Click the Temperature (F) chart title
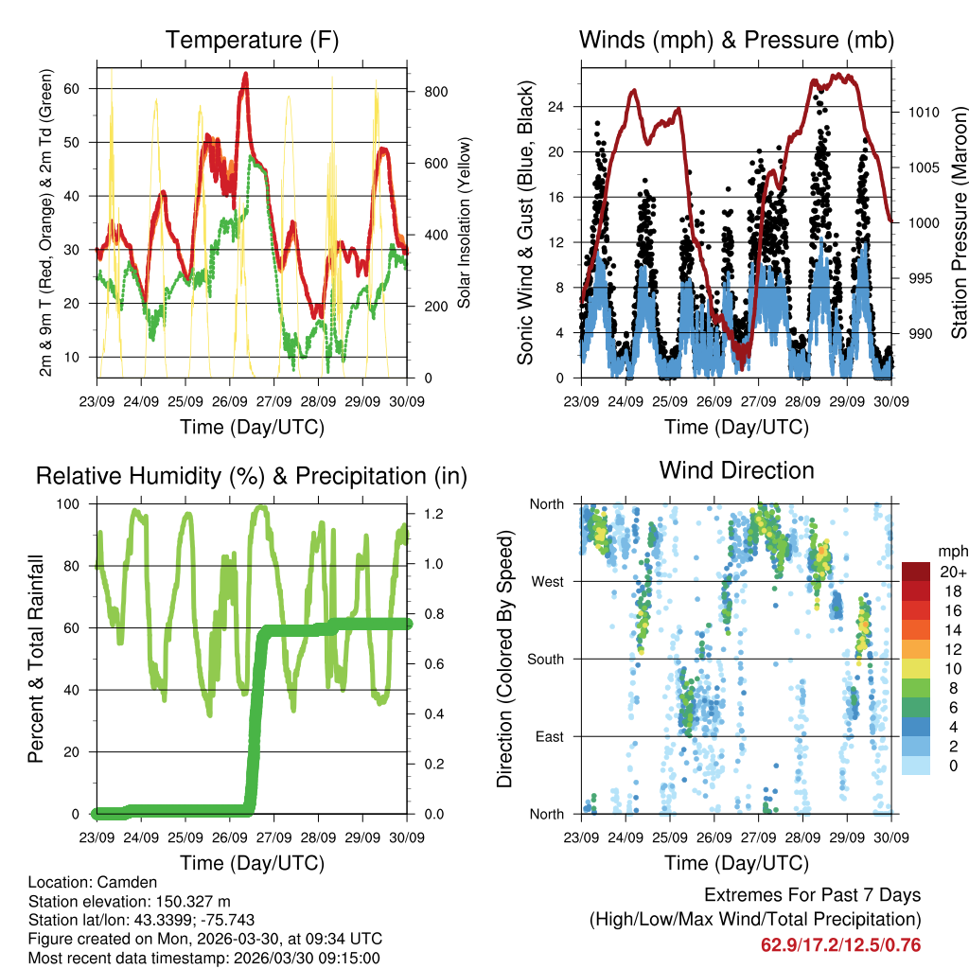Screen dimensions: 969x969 tap(252, 40)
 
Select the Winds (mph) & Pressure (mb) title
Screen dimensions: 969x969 tap(736, 40)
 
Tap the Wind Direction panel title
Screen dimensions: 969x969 tap(736, 469)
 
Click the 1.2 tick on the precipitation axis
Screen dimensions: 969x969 tap(428, 514)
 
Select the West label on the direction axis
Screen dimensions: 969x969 tap(548, 581)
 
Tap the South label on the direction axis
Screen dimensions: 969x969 tap(546, 659)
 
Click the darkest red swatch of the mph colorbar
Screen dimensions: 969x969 tap(916, 572)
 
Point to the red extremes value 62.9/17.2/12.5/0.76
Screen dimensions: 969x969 tap(840, 944)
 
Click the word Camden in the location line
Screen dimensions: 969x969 tap(115, 882)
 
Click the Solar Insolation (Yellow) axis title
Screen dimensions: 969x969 tap(465, 223)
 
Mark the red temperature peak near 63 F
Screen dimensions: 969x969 tap(245, 74)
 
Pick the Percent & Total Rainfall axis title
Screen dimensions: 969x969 tap(36, 659)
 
